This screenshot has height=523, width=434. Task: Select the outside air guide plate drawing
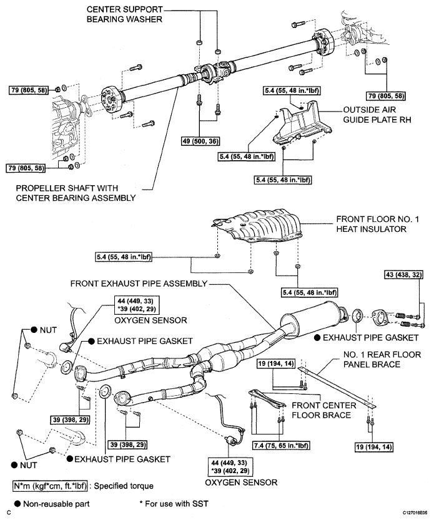point(300,125)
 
